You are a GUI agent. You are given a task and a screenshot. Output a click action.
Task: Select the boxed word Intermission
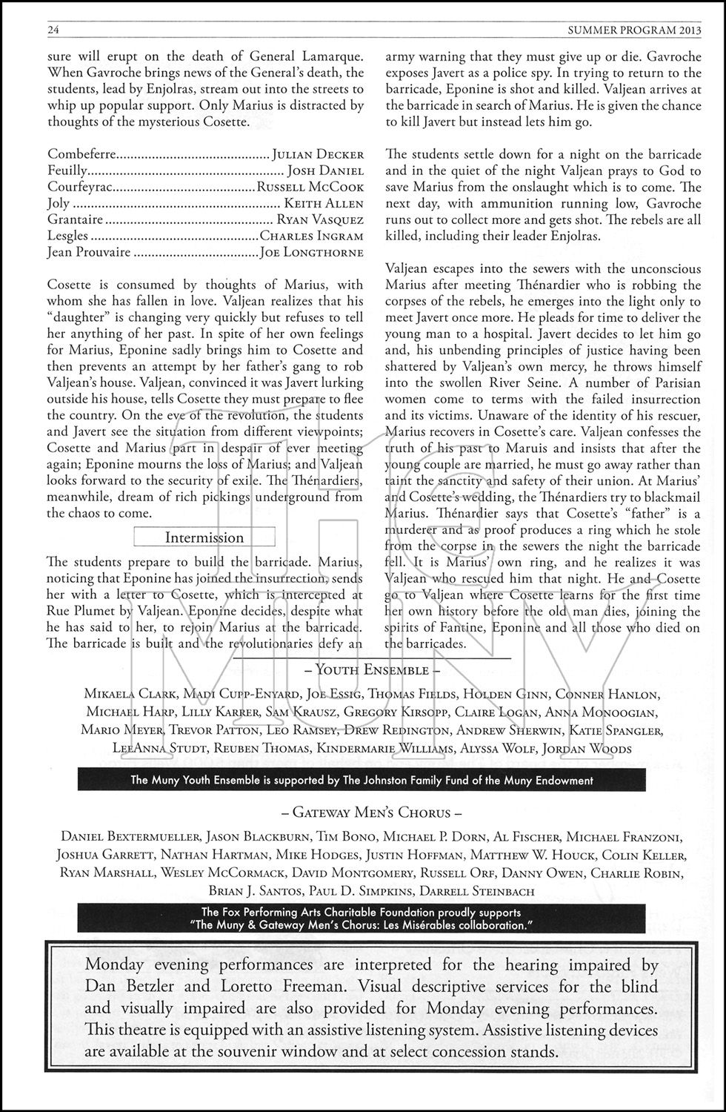[204, 537]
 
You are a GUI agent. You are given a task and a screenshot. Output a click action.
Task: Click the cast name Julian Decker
[318, 154]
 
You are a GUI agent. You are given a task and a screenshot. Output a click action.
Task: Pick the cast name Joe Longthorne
[312, 252]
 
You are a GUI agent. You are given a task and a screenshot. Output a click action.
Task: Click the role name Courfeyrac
[80, 187]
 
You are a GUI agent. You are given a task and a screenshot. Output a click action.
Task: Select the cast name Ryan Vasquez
[320, 219]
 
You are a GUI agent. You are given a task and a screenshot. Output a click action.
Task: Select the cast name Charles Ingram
[312, 236]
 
